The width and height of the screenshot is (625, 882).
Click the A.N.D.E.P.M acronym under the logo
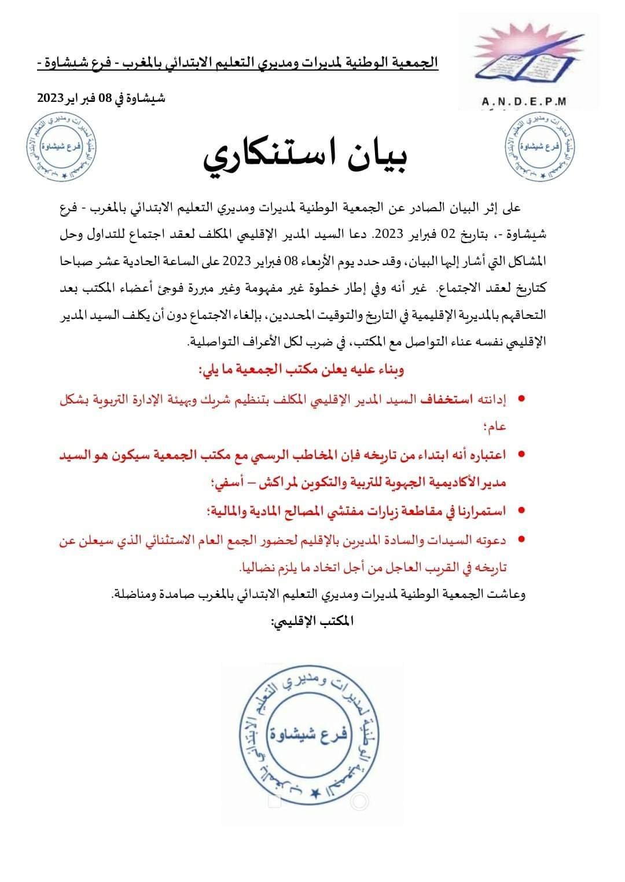coord(524,102)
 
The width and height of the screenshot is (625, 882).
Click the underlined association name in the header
coord(237,62)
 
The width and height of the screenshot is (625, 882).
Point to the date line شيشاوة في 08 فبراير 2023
coord(101,98)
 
